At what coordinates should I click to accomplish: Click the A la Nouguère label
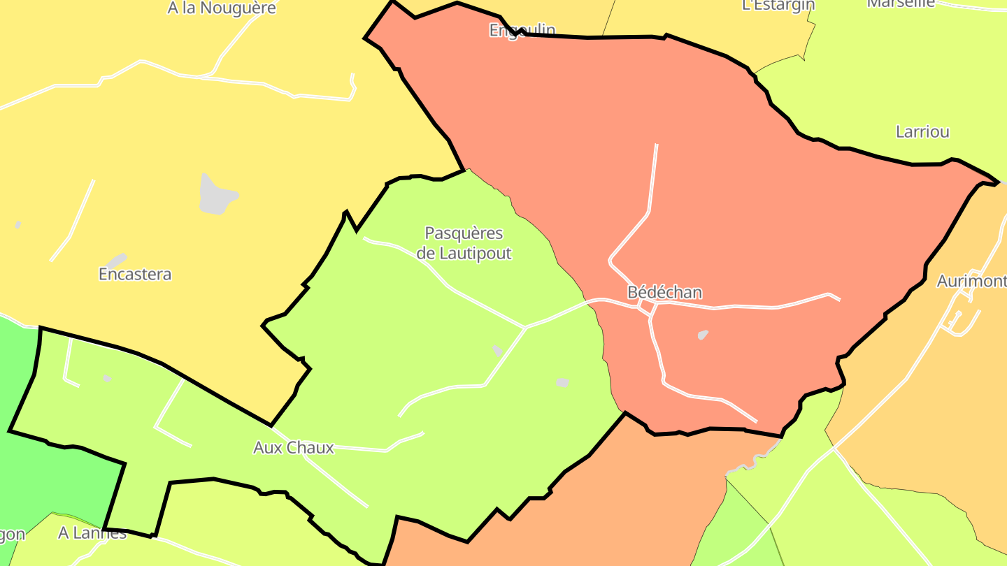pyautogui.click(x=222, y=8)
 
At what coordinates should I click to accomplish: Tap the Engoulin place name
pyautogui.click(x=522, y=30)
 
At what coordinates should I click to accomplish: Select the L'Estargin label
pyautogui.click(x=778, y=6)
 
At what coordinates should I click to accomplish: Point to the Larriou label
pyautogui.click(x=922, y=131)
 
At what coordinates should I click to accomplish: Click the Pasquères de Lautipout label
pyautogui.click(x=464, y=243)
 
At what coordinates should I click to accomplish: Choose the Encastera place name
pyautogui.click(x=135, y=274)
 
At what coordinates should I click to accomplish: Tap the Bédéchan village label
pyautogui.click(x=664, y=292)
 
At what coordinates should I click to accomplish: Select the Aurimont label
pyautogui.click(x=971, y=281)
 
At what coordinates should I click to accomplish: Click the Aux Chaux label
pyautogui.click(x=294, y=447)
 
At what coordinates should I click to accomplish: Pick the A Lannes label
pyautogui.click(x=92, y=533)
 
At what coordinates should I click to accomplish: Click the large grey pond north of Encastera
pyautogui.click(x=216, y=194)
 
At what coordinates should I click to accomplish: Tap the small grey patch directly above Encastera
pyautogui.click(x=116, y=261)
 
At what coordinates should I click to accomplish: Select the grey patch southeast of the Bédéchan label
pyautogui.click(x=703, y=335)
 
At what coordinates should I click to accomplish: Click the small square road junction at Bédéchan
pyautogui.click(x=648, y=308)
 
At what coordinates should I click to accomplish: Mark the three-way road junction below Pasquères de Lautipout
pyautogui.click(x=525, y=327)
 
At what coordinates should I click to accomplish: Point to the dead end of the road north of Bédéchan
pyautogui.click(x=657, y=145)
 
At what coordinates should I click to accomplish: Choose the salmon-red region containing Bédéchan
pyautogui.click(x=734, y=210)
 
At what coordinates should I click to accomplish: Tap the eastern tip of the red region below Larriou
pyautogui.click(x=996, y=183)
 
